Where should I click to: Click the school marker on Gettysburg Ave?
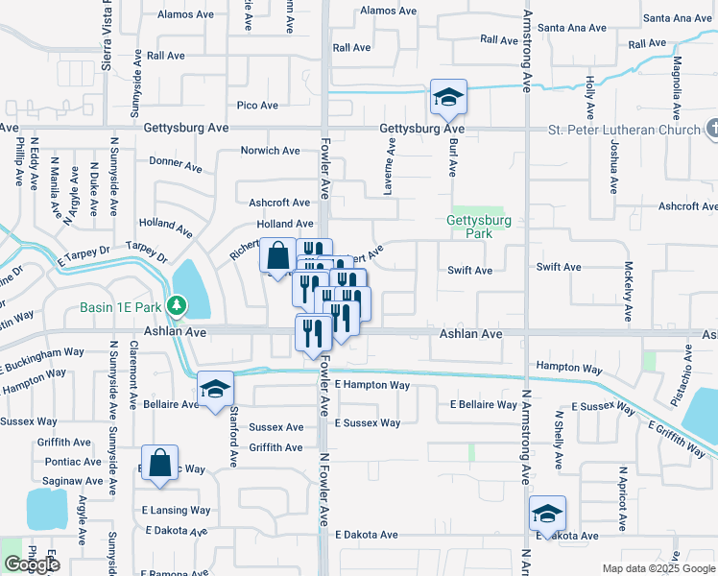pos(448,97)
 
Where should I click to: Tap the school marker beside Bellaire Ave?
pos(215,389)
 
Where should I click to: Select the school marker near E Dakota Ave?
pos(547,513)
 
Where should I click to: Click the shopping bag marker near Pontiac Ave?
pos(159,463)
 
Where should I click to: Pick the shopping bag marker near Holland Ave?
pos(277,256)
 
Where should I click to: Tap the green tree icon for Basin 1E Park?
pos(176,306)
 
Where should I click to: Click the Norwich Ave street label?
pos(271,151)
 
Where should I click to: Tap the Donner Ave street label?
pos(176,163)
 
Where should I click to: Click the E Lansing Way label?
pos(176,510)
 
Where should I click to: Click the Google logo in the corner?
pos(31,564)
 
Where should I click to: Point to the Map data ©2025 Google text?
pos(658,568)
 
